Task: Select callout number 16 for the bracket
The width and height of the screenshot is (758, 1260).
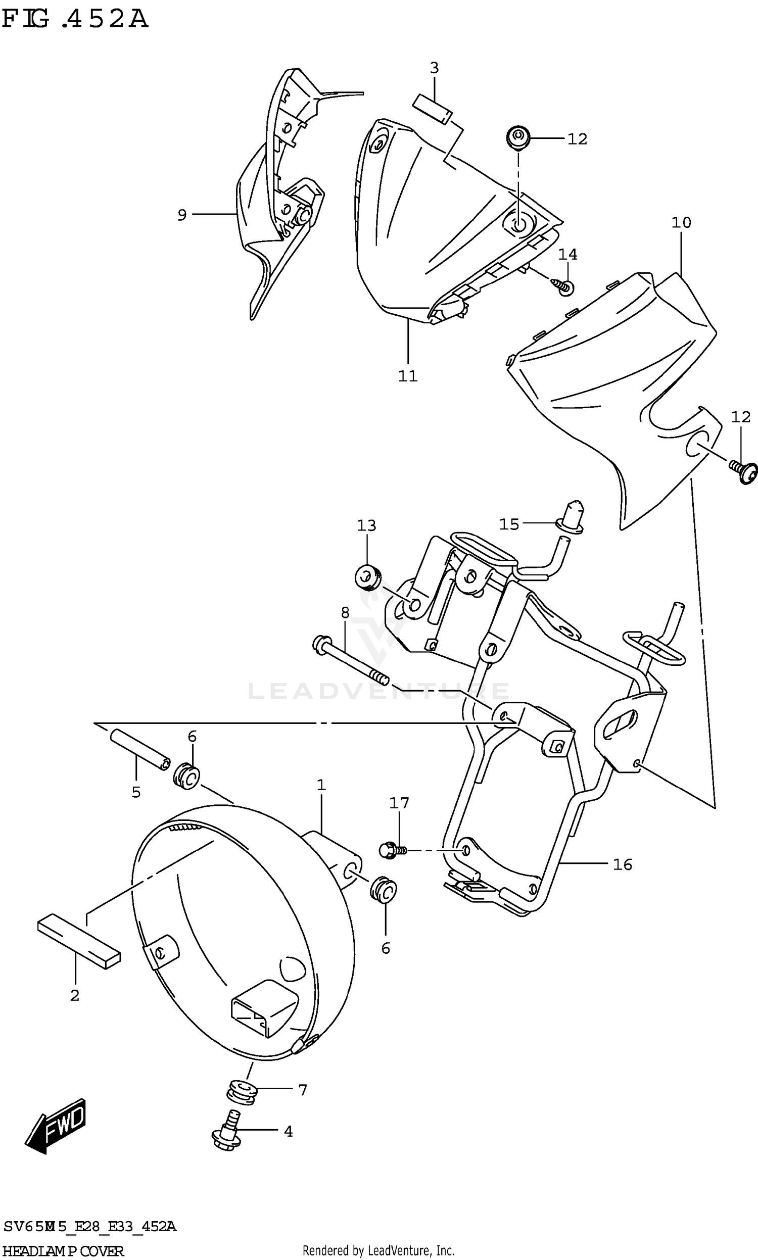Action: click(x=622, y=864)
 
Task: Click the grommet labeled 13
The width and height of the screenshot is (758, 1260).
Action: click(x=368, y=577)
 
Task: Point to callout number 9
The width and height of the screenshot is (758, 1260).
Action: click(x=182, y=215)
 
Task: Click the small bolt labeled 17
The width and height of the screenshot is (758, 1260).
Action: click(x=391, y=850)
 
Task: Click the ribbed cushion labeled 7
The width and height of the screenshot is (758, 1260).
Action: click(x=242, y=1093)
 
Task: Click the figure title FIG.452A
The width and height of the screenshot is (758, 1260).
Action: click(x=75, y=19)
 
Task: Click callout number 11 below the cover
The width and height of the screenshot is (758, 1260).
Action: click(x=408, y=376)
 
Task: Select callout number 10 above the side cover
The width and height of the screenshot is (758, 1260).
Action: click(x=681, y=223)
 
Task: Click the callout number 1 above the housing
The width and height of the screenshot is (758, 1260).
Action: click(x=321, y=785)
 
